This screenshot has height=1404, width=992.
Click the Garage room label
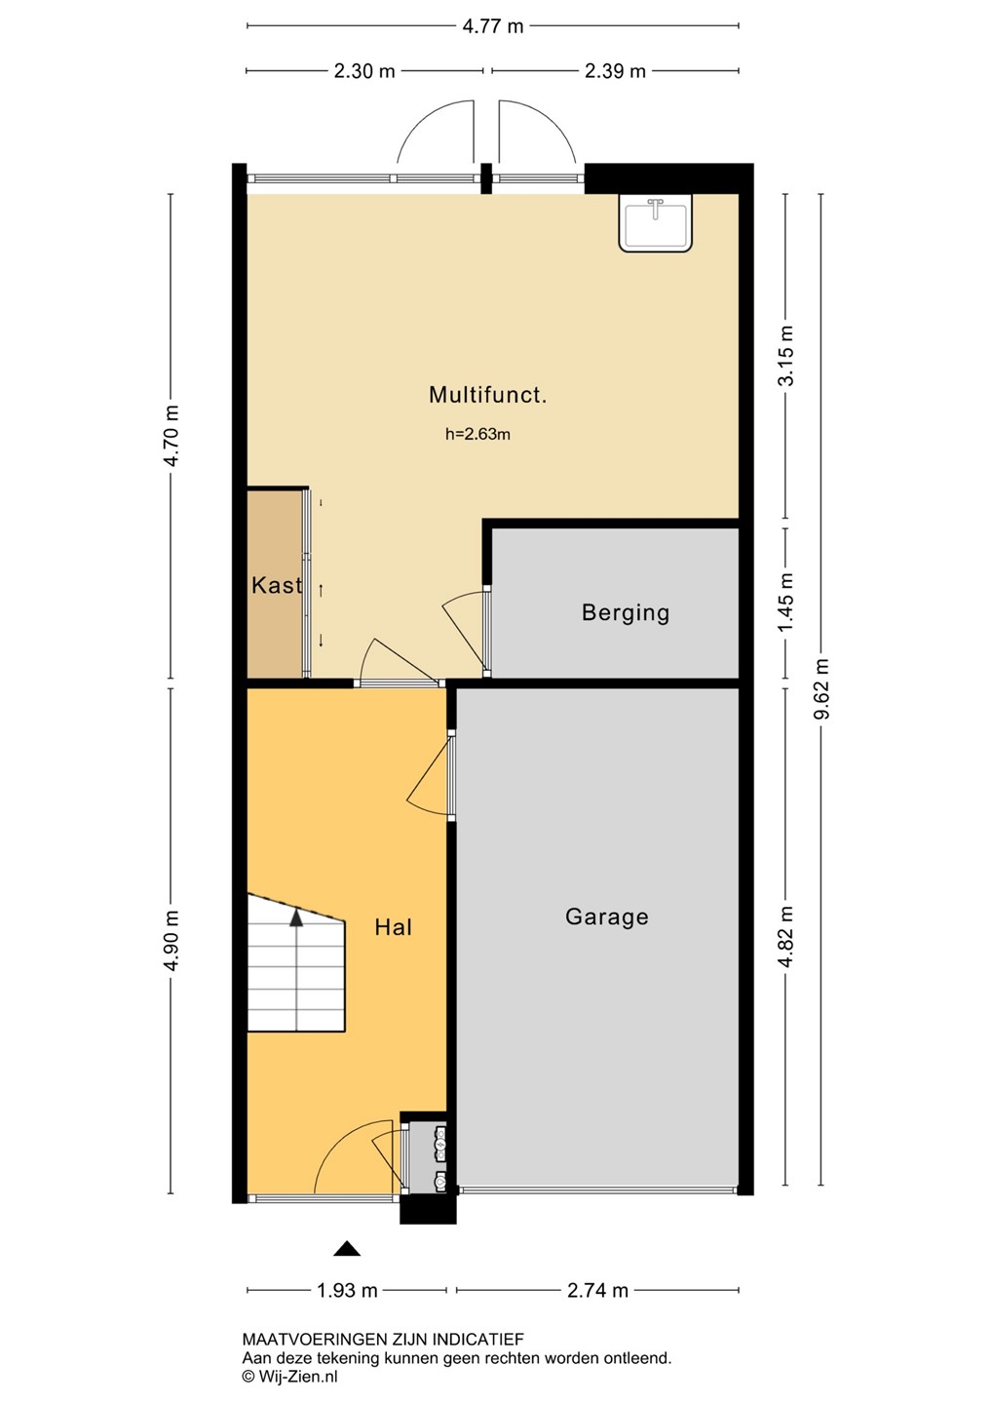[606, 916]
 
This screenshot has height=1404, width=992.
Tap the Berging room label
[625, 612]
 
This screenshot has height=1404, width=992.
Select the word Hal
[393, 927]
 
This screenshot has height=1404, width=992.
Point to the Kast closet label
[276, 585]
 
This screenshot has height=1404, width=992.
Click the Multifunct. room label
[487, 394]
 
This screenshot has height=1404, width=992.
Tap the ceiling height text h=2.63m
[477, 434]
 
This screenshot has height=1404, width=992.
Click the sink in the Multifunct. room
[655, 222]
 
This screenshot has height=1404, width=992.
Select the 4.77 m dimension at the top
[492, 26]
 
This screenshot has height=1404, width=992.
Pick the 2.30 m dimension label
[363, 71]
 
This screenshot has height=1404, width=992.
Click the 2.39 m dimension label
[614, 71]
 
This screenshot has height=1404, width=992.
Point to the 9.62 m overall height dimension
[821, 688]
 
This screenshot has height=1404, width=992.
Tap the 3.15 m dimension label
[786, 355]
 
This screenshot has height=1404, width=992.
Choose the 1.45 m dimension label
[786, 603]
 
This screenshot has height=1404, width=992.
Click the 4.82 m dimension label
[786, 936]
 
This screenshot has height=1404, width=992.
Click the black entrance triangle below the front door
[346, 1249]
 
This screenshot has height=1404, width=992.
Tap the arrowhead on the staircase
[296, 918]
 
